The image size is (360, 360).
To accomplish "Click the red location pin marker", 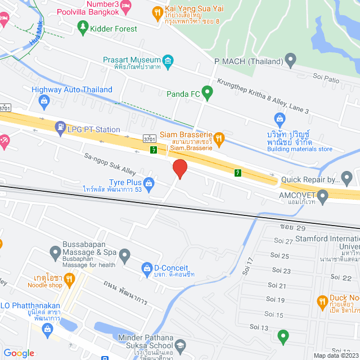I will (x=179, y=169).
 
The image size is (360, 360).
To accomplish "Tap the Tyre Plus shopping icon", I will (x=148, y=182).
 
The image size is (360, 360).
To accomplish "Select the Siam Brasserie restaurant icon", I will (x=220, y=137).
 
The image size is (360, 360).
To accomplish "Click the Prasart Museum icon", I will (x=168, y=60).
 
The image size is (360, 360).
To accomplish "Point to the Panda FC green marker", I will (x=207, y=92).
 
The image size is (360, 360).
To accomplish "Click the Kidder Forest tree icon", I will (x=83, y=26).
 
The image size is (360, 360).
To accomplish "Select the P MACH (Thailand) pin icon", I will (x=290, y=59).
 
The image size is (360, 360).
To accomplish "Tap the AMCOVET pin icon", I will (x=323, y=196).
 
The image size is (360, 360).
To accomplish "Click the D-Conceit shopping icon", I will (x=146, y=268).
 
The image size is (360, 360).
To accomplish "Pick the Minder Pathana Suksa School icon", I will (x=181, y=344).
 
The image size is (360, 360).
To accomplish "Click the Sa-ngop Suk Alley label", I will (x=110, y=164).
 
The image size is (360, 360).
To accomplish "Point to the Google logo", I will (x=19, y=353).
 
